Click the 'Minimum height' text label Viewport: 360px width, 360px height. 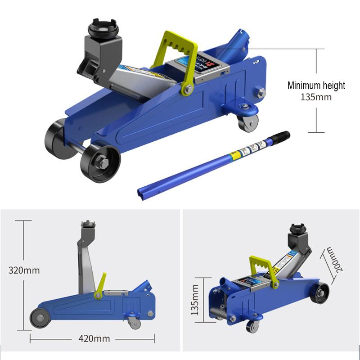(x=316, y=85)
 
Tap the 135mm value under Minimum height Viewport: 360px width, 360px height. (x=316, y=97)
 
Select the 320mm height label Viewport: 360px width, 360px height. (x=24, y=270)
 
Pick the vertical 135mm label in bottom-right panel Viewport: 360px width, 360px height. (x=195, y=299)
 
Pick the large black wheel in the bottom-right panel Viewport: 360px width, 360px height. (x=321, y=293)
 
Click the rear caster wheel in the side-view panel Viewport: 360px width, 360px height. (x=134, y=322)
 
